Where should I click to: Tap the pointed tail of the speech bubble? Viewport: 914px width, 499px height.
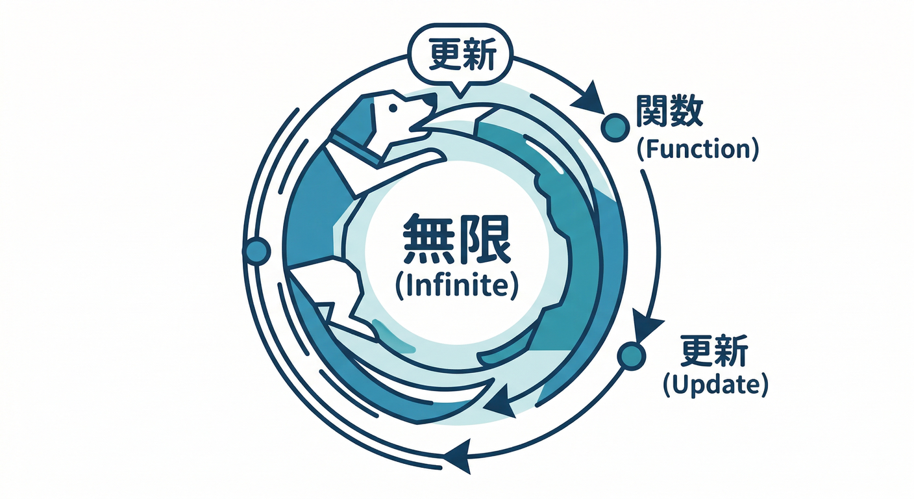click(x=460, y=90)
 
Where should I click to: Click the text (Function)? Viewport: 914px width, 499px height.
click(x=697, y=150)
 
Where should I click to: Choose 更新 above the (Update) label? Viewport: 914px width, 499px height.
click(x=715, y=351)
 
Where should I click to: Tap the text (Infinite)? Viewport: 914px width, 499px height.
click(x=456, y=285)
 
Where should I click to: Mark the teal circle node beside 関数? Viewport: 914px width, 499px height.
click(x=615, y=127)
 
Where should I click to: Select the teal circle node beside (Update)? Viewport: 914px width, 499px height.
click(x=632, y=355)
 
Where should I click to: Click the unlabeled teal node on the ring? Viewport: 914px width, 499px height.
click(x=256, y=250)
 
